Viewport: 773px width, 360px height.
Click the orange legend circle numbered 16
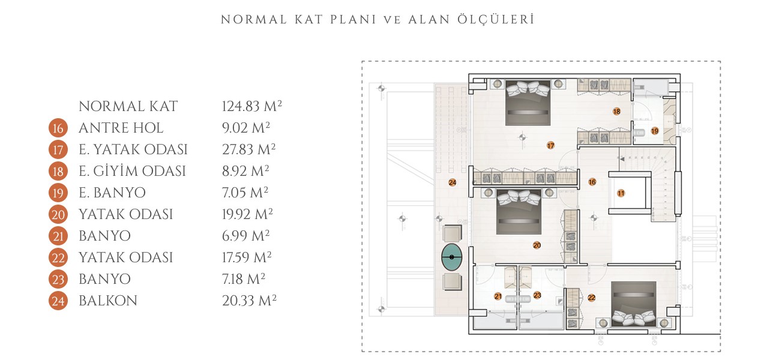[x=58, y=128]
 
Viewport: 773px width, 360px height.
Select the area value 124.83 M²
[x=251, y=106]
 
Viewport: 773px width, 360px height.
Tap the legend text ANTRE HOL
[x=121, y=128]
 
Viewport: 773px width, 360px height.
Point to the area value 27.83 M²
[x=248, y=149]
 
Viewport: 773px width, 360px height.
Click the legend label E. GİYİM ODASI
[x=132, y=171]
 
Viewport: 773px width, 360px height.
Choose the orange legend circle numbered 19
[x=58, y=193]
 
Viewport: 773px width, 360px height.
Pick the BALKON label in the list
[x=108, y=301]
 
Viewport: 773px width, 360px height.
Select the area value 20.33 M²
[x=249, y=301]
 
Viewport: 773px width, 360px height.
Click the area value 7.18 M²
[x=243, y=279]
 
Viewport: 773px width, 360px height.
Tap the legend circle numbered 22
[x=58, y=257]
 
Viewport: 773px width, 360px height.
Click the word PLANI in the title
[x=353, y=20]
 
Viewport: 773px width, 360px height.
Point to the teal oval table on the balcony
[x=451, y=257]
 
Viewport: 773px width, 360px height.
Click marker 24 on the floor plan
[x=452, y=182]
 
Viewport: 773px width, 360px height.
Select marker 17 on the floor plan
[x=550, y=145]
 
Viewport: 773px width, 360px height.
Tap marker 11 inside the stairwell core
[x=621, y=193]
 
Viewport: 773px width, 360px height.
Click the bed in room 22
[x=633, y=304]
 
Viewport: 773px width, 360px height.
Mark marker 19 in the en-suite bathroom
[x=655, y=131]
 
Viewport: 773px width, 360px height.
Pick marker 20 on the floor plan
[x=537, y=245]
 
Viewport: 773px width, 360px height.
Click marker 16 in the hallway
[x=592, y=182]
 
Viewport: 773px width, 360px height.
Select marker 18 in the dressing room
[x=617, y=111]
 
